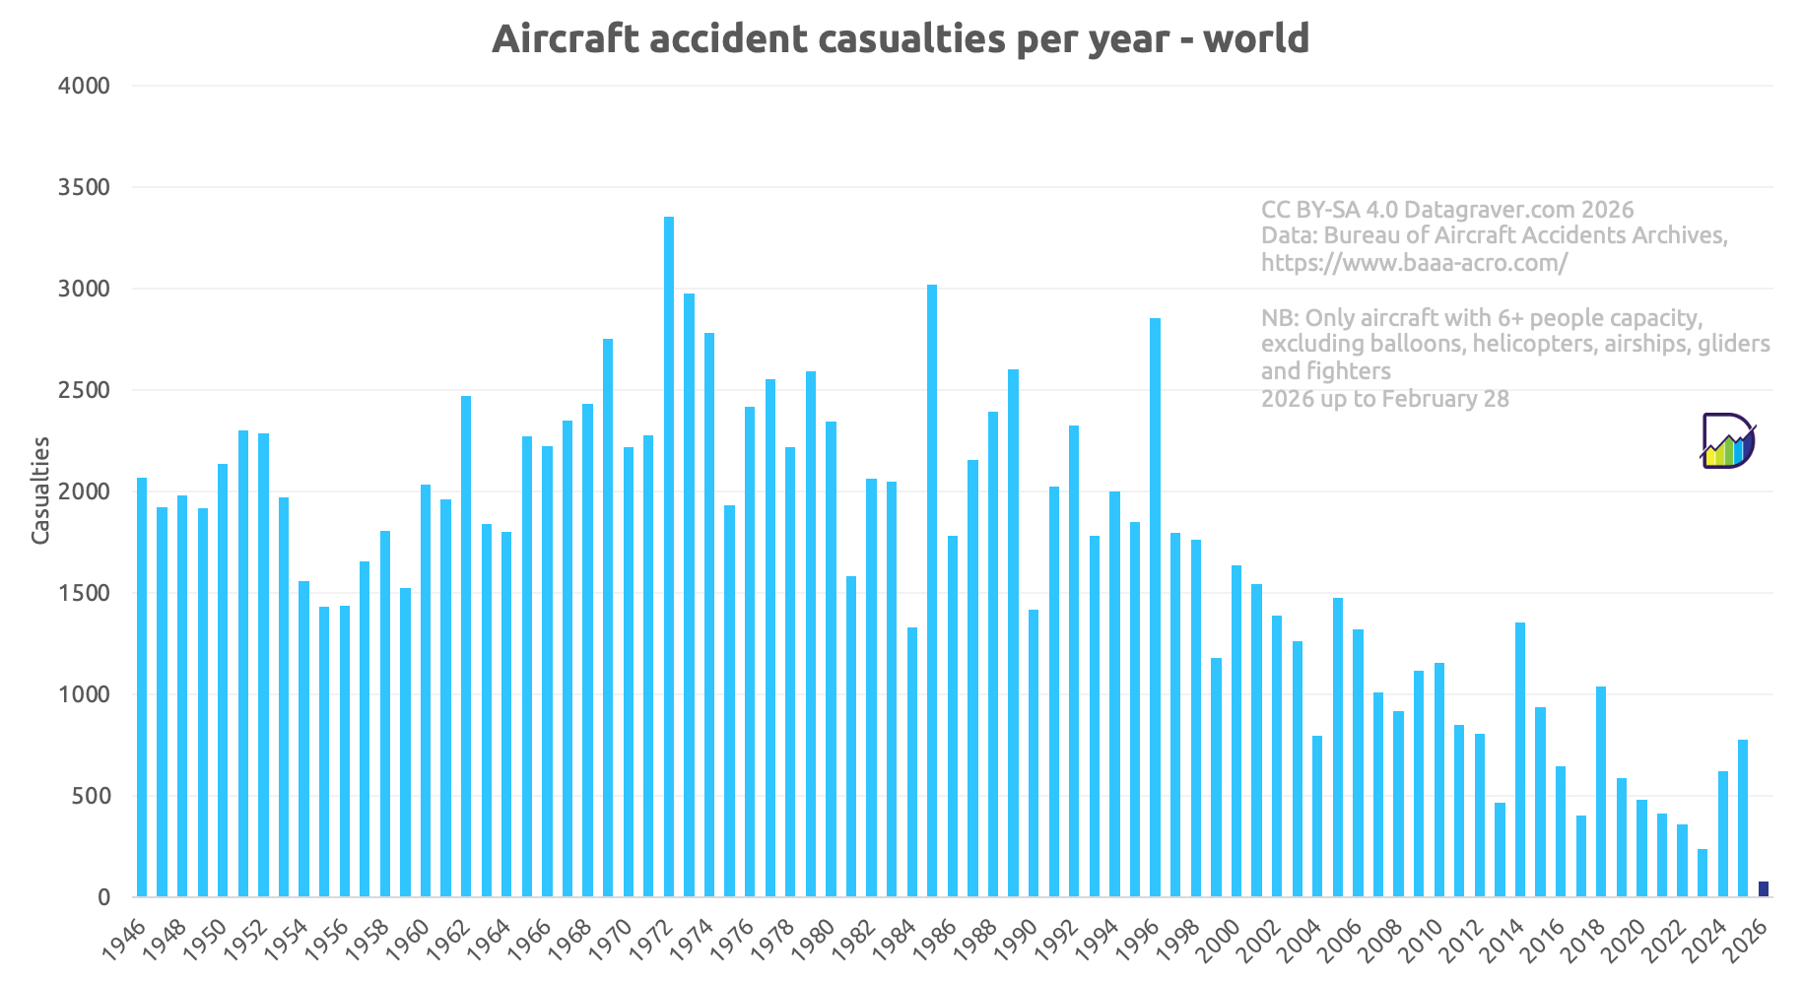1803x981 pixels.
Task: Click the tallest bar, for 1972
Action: click(x=669, y=556)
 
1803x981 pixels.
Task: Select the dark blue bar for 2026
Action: click(x=1763, y=889)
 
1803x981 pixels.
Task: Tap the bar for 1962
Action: click(x=466, y=646)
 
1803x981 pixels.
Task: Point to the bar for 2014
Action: click(x=1520, y=759)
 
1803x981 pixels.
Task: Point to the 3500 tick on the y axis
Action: click(x=84, y=187)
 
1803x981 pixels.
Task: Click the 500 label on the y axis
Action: click(x=90, y=796)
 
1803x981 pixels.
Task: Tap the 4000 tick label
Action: click(x=84, y=86)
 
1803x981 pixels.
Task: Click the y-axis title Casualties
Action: click(x=40, y=490)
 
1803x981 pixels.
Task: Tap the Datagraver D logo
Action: click(x=1727, y=440)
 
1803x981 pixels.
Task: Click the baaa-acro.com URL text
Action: click(x=1414, y=263)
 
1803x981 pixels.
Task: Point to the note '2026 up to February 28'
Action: click(x=1384, y=399)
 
